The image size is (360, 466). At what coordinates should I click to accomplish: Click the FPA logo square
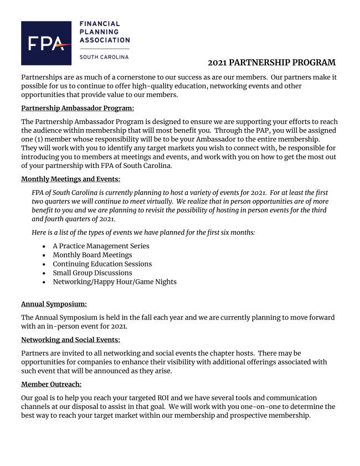click(x=46, y=43)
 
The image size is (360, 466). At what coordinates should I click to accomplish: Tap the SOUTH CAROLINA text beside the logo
click(x=104, y=57)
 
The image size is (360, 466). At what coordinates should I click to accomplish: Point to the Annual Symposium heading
click(x=54, y=304)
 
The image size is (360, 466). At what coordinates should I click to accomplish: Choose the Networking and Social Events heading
click(x=70, y=340)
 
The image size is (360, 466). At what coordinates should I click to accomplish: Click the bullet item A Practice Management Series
click(x=101, y=245)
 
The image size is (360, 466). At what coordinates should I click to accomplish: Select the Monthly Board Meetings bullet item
click(x=92, y=255)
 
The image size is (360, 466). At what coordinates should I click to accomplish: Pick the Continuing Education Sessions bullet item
click(x=102, y=264)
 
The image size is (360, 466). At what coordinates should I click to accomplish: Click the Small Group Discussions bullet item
click(x=92, y=273)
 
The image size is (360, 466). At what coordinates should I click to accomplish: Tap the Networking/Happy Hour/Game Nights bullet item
click(x=115, y=281)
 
